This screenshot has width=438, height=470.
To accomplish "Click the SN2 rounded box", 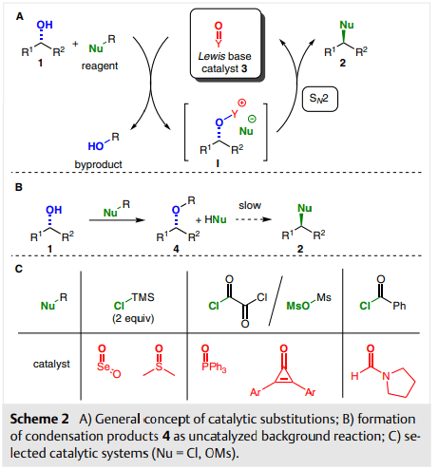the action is tap(320, 99).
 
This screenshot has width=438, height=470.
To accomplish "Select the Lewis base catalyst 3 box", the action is tap(226, 45).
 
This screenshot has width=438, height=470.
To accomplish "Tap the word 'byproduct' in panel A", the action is tap(98, 164).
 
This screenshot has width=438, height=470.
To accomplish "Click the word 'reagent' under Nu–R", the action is tap(100, 66).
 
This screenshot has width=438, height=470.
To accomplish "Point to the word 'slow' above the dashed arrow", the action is tap(250, 205).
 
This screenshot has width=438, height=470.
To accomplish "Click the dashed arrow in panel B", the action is tap(254, 219).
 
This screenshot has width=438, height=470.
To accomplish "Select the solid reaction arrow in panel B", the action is tap(117, 220).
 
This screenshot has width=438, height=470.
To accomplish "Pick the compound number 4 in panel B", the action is tap(176, 249).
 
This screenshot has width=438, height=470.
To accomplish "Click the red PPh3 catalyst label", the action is tap(214, 367).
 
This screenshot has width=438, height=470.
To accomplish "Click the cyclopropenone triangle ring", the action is tap(284, 376).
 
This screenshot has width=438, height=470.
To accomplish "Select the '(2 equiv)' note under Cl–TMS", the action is tap(133, 318).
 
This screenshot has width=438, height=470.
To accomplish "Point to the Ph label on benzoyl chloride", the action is tap(399, 306).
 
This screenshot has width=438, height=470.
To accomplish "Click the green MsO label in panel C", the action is tap(297, 306).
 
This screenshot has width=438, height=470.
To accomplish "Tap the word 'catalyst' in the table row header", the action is tap(51, 364).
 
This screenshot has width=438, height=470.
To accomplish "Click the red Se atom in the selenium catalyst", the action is tap(104, 367).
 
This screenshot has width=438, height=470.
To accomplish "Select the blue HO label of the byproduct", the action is tap(96, 146).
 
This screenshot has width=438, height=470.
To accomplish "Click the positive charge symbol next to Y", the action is tap(242, 103).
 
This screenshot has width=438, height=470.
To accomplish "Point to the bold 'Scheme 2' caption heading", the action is tap(39, 419).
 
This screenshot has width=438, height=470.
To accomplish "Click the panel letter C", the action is tap(19, 269).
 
